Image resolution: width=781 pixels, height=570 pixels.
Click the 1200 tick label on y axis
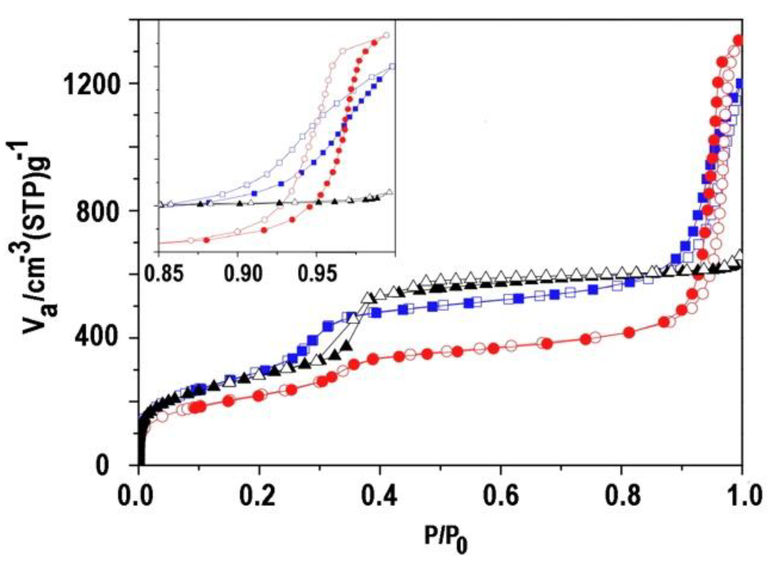click(91, 85)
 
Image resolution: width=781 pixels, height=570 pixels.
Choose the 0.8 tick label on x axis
click(621, 496)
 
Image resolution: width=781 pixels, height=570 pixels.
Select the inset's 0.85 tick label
click(163, 274)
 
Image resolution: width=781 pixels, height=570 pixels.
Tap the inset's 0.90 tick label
click(243, 274)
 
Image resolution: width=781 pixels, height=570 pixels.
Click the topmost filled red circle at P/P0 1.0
click(738, 41)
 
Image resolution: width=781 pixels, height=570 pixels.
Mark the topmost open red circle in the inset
click(386, 35)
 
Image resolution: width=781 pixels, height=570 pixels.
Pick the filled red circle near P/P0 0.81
click(629, 333)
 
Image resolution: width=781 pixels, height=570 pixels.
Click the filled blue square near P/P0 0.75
click(593, 290)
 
